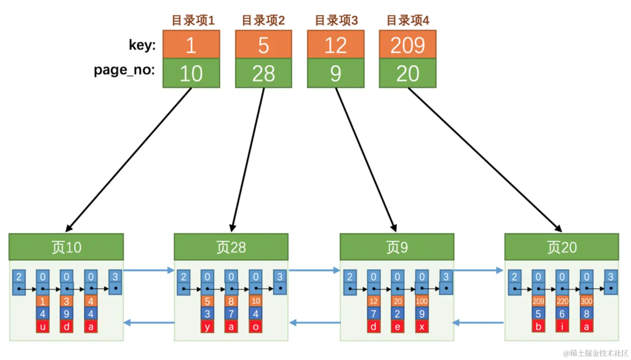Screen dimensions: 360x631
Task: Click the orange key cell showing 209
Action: pos(408,44)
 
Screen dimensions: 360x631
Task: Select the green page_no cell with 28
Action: pos(263,73)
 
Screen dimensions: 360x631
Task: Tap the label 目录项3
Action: pos(336,20)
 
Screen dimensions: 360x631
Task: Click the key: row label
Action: pos(142,45)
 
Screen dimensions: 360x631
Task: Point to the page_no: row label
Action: pos(124,70)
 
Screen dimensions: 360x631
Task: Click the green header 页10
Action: pos(66,247)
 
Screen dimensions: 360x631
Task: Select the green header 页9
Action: pos(397,247)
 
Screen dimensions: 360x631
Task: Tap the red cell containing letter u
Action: pos(42,327)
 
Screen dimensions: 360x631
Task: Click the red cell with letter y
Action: pos(207,327)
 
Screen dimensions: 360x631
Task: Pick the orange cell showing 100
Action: pos(422,301)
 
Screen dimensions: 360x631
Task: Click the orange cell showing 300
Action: pos(586,301)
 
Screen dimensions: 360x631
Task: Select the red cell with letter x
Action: pos(422,327)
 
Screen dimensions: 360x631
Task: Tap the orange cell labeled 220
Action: pos(562,301)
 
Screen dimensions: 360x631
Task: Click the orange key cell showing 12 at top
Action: pos(335,44)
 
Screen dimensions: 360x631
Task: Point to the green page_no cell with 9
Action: pos(335,73)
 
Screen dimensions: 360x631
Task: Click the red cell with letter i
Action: pos(562,327)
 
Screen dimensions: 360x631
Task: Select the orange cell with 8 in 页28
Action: pos(231,301)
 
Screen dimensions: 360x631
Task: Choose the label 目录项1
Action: pos(193,20)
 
